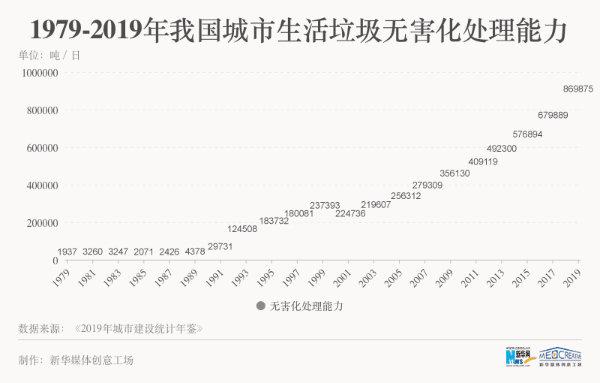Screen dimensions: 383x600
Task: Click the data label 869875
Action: [x=577, y=89]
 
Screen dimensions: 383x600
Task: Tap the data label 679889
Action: [x=553, y=115]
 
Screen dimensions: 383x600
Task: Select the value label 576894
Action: [x=527, y=134]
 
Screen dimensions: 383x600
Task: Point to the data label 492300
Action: [x=502, y=149]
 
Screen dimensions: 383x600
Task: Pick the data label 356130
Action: [x=454, y=173]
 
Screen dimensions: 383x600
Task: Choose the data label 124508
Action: [x=242, y=229]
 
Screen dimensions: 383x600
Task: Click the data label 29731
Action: [x=220, y=246]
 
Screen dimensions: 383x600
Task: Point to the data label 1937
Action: [x=67, y=251]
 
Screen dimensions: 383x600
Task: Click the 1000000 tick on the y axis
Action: [x=40, y=74]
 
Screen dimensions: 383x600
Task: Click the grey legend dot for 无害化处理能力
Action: [x=261, y=306]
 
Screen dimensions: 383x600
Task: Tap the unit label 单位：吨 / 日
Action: [x=49, y=55]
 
